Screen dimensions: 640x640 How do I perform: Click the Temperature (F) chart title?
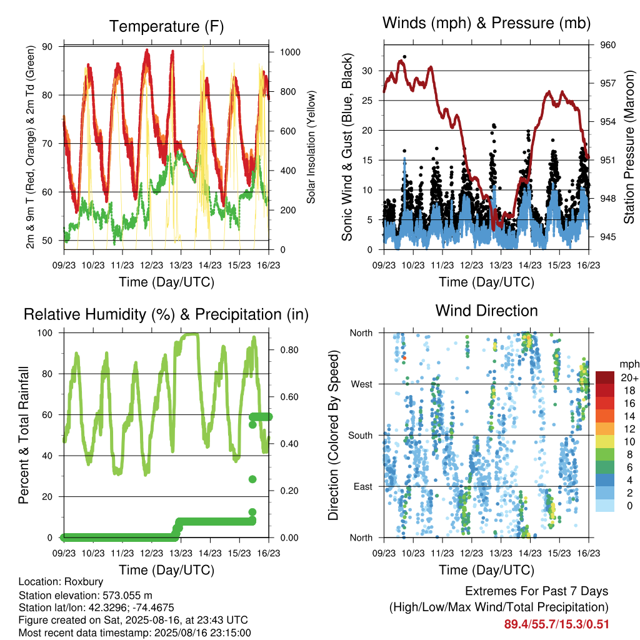(166, 26)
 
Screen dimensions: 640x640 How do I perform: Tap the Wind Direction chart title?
(486, 311)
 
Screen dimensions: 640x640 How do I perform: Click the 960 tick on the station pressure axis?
(607, 45)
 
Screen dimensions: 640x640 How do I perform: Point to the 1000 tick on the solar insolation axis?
(290, 52)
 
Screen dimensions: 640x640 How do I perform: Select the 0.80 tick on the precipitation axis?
(289, 350)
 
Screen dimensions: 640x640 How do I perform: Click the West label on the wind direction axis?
(362, 384)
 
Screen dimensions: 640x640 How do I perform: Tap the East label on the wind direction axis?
(363, 486)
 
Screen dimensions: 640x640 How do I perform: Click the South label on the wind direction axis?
(361, 436)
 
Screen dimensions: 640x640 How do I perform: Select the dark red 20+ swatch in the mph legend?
(605, 377)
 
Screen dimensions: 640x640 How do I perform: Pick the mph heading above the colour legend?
(629, 364)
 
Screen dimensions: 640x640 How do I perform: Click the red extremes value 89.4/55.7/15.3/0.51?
(556, 624)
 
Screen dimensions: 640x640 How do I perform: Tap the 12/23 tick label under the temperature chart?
(151, 265)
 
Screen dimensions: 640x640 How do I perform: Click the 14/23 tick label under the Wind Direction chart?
(530, 553)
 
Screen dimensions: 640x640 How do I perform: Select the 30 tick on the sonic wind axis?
(367, 71)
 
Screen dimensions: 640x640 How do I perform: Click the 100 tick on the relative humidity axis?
(45, 333)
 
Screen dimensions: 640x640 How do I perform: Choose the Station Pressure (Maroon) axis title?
(629, 147)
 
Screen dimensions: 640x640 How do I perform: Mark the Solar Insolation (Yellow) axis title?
(311, 147)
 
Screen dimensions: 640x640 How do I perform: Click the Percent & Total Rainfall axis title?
(24, 435)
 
